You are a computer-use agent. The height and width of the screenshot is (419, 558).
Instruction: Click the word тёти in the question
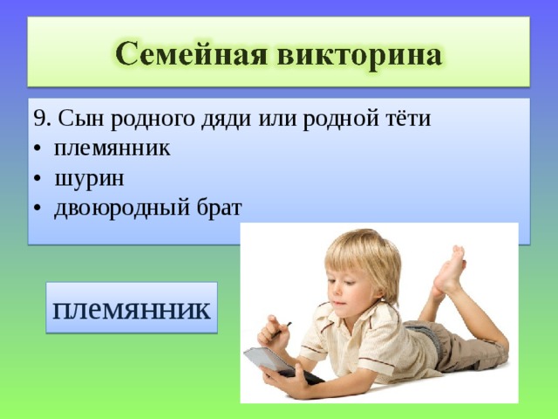click(x=406, y=119)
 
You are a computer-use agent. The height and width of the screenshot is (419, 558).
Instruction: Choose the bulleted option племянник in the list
click(x=112, y=148)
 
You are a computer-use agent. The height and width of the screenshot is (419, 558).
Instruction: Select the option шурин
click(x=89, y=179)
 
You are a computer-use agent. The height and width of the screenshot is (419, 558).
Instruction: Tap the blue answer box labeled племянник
click(x=132, y=308)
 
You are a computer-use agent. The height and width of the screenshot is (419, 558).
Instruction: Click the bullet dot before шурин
click(x=37, y=180)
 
